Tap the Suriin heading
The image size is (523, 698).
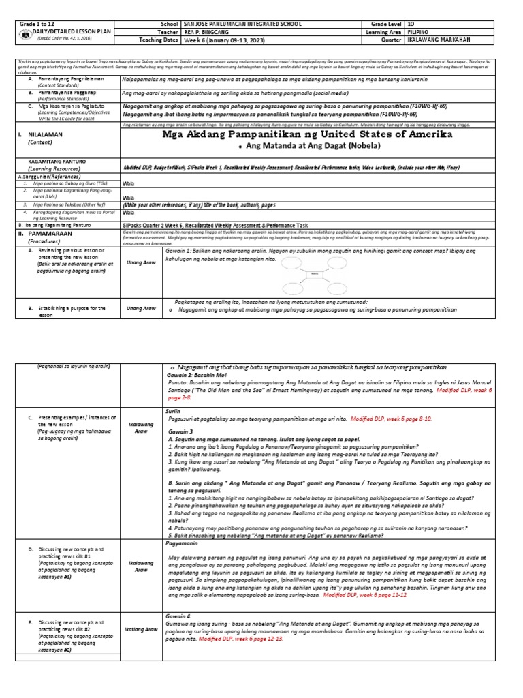point(173,412)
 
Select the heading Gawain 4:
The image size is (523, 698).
point(179,616)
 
